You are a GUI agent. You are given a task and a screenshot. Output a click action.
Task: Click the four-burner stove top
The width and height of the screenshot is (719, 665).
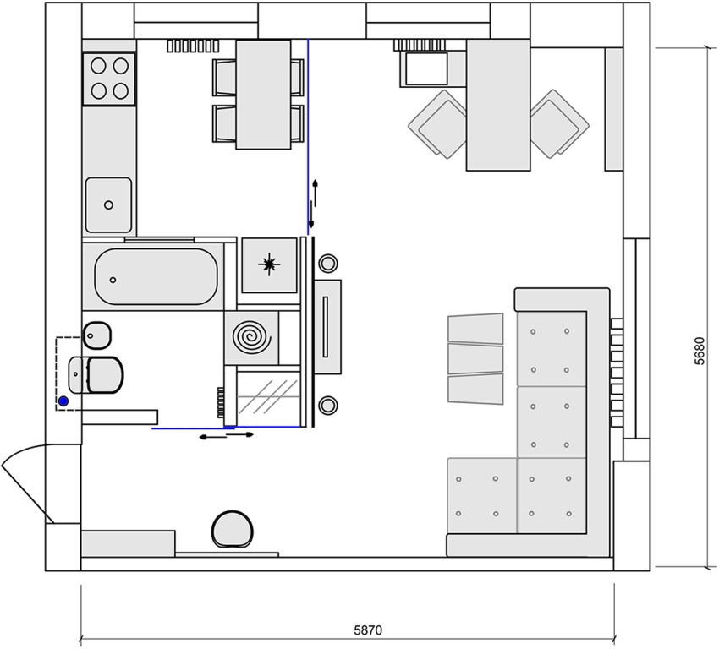click(109, 78)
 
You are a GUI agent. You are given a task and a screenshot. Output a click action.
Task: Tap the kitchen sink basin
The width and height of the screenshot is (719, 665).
click(108, 204)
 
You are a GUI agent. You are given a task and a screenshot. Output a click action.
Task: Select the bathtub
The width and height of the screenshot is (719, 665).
click(156, 276)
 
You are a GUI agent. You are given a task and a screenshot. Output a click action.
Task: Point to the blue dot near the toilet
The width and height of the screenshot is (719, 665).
click(63, 401)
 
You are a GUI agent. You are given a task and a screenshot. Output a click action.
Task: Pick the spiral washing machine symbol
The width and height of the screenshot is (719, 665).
click(251, 337)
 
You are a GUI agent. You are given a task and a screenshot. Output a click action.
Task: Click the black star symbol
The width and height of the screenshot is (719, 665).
click(270, 264)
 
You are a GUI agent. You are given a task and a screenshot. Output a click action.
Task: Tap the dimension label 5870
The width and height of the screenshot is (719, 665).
click(368, 630)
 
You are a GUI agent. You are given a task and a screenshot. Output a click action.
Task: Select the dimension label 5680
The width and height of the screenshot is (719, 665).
click(699, 351)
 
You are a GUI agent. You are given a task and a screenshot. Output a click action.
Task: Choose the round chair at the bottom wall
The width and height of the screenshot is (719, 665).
click(232, 530)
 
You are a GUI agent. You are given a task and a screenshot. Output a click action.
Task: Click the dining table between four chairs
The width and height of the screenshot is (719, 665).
click(263, 95)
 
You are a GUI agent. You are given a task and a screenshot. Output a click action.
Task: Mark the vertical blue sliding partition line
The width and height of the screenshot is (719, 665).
click(308, 135)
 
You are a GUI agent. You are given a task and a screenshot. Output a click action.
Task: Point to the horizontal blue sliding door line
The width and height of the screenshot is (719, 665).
click(228, 428)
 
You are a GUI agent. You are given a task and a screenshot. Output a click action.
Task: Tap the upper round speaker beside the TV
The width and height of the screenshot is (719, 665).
click(327, 264)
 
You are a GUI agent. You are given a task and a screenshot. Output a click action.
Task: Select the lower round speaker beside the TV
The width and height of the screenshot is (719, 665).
click(327, 404)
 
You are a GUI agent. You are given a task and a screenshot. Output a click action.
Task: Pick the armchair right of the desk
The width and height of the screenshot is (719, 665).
click(558, 123)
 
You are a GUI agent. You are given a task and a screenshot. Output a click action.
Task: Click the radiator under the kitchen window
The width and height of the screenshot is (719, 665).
click(193, 46)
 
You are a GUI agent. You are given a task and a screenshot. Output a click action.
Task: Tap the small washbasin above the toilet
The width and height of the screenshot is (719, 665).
click(96, 335)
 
